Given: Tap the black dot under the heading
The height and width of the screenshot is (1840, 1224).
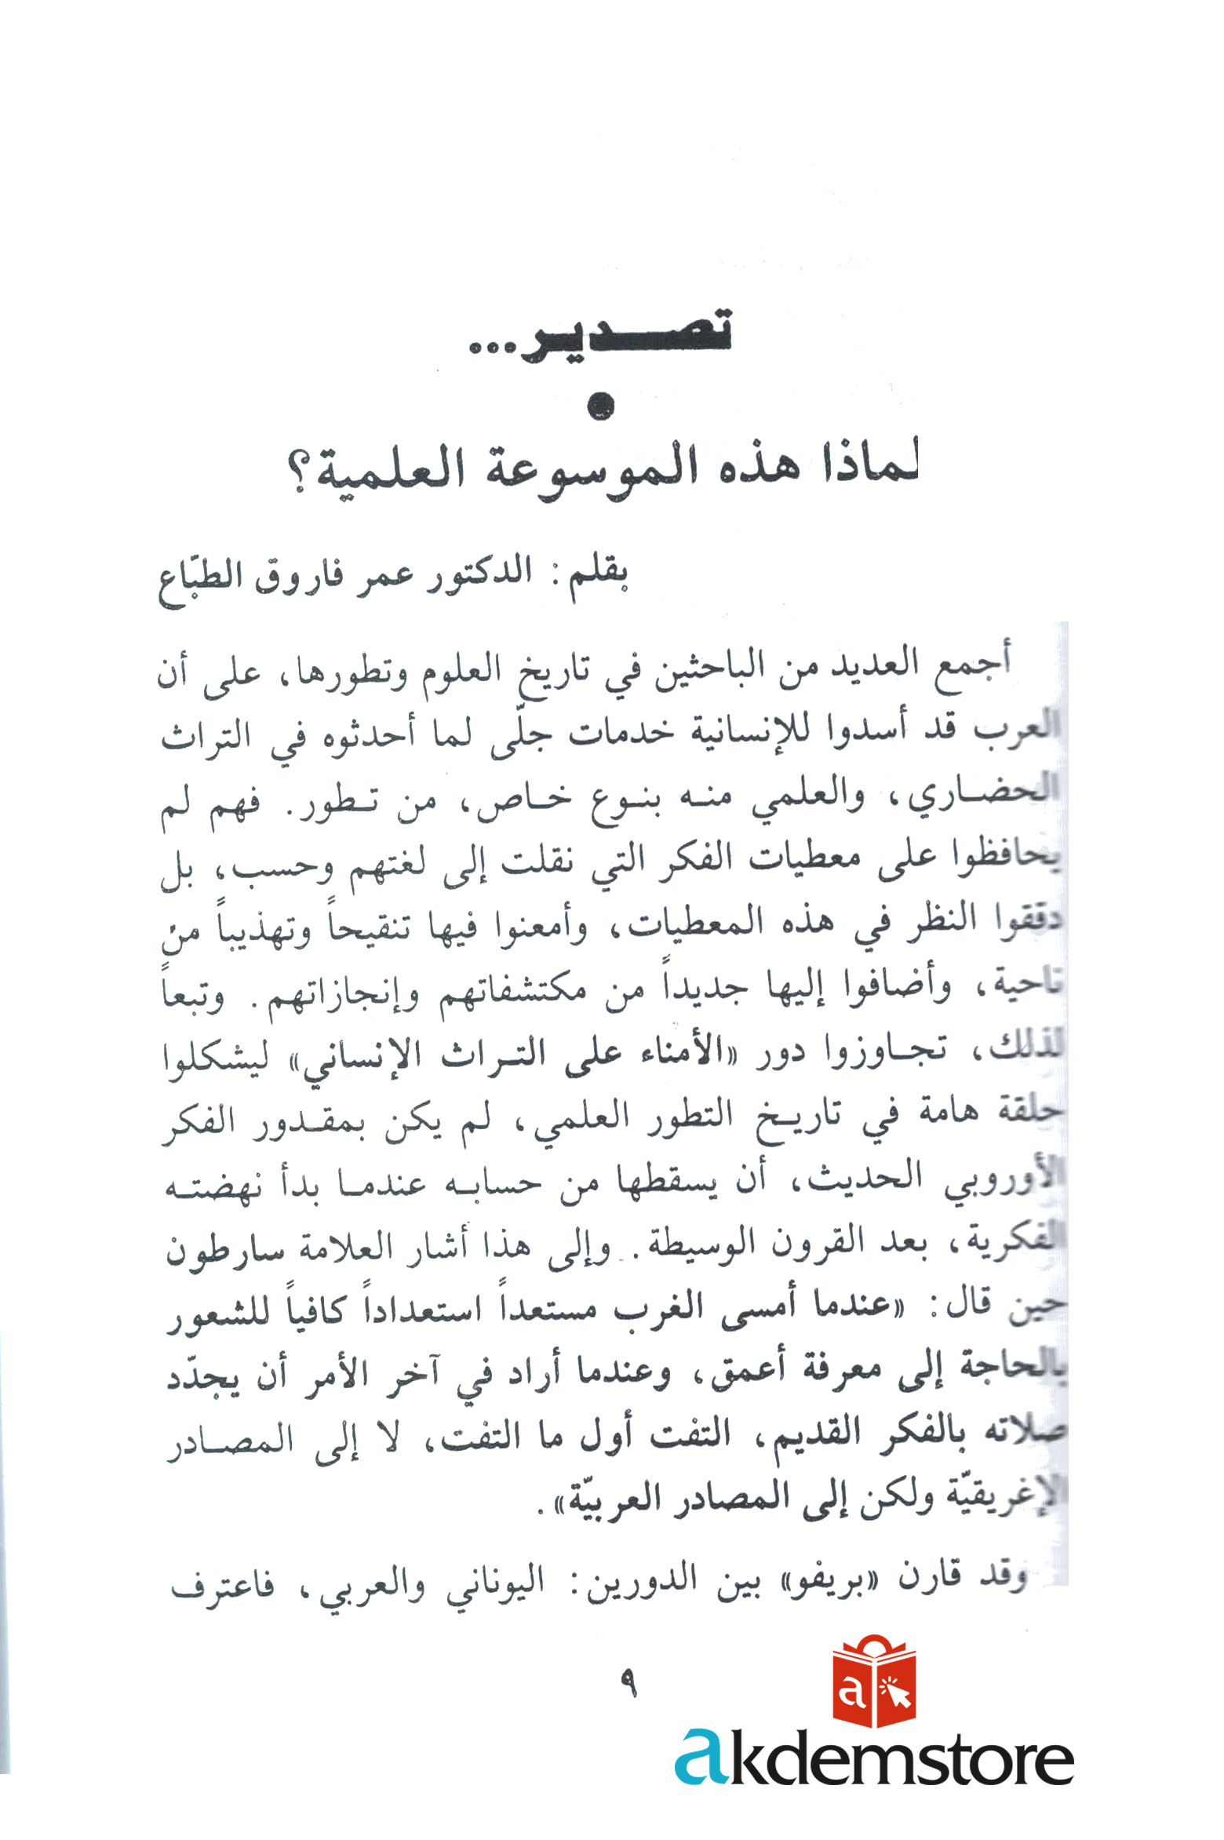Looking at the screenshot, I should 600,406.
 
